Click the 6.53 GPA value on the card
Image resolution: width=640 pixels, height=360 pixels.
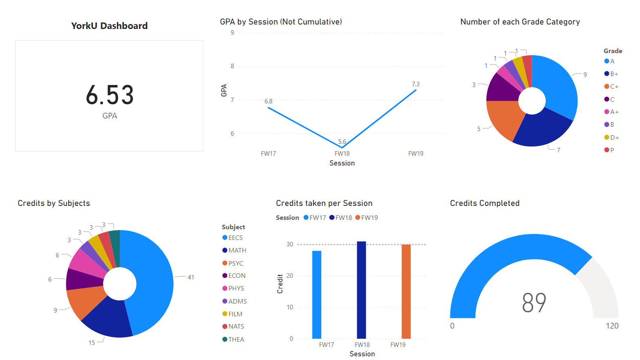[110, 95]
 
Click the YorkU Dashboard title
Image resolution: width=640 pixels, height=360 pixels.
[109, 26]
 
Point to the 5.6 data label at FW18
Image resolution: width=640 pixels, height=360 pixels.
[342, 142]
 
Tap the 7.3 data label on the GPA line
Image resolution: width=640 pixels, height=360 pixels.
[416, 84]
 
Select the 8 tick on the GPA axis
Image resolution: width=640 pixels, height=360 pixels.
[233, 66]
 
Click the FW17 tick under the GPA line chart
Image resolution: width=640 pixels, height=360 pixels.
[269, 154]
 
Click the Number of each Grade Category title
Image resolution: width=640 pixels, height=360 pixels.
[520, 22]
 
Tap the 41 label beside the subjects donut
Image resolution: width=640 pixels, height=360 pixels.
[191, 277]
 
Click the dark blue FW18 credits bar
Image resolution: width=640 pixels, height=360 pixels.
[361, 290]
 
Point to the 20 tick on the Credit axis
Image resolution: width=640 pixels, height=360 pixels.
[290, 276]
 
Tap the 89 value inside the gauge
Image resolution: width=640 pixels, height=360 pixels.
[534, 303]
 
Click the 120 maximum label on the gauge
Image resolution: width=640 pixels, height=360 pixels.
[612, 326]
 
